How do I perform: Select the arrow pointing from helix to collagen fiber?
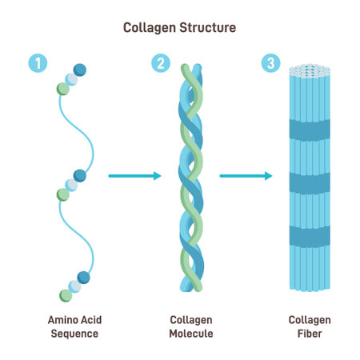[246, 175]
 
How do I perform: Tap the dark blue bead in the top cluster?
[79, 70]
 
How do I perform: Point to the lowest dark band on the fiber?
[309, 235]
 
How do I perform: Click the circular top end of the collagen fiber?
[309, 70]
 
